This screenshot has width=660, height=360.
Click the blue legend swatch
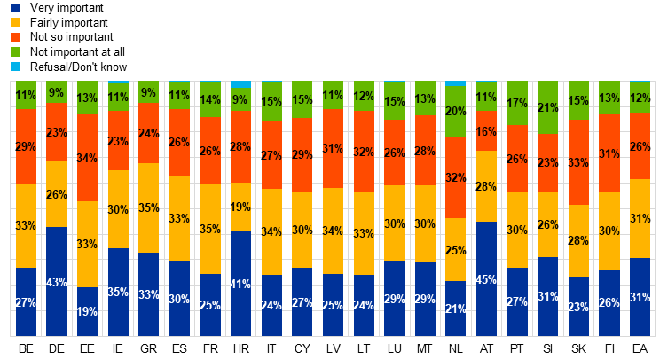[x=15, y=8]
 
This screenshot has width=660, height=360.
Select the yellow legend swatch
[x=15, y=22]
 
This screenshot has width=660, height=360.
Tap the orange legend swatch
[x=15, y=37]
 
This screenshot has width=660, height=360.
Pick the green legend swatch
[x=15, y=51]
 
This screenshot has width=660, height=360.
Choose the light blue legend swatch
[x=15, y=67]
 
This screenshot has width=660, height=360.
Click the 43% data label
[x=57, y=283]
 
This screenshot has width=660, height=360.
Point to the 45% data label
[x=486, y=280]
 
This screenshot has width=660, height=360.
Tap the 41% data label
[x=240, y=285]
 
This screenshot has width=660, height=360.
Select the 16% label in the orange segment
[x=486, y=132]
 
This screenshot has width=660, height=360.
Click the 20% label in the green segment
[x=455, y=112]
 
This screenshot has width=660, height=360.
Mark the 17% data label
[x=517, y=104]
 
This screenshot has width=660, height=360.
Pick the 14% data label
[x=210, y=100]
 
